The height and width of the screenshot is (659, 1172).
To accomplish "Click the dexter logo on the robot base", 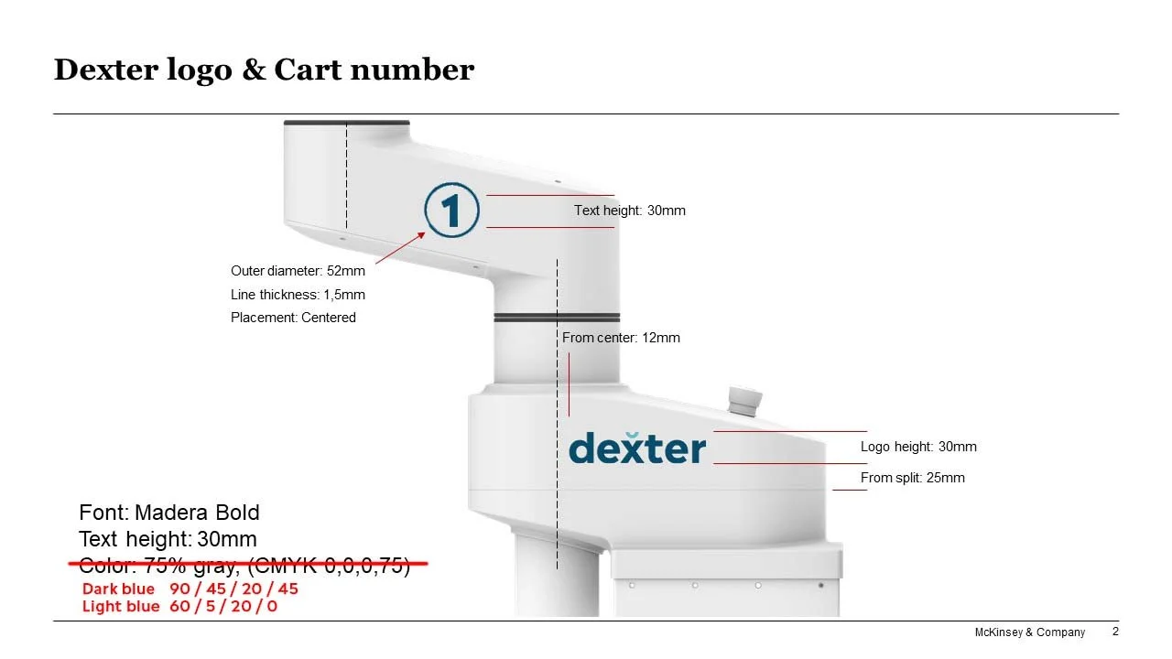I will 637,448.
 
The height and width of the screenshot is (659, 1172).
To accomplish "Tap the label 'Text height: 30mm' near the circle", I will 629,211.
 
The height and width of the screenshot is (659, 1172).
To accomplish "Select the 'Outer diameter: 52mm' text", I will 298,271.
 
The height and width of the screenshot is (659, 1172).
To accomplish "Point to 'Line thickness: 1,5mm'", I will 298,295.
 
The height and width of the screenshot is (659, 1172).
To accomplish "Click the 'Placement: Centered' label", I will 293,318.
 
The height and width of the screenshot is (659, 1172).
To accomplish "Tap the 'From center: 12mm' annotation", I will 621,338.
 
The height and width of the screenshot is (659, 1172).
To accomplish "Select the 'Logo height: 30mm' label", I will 918,447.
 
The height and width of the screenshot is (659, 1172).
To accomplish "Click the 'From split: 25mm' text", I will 912,478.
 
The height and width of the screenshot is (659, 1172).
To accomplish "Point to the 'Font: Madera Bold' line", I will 169,513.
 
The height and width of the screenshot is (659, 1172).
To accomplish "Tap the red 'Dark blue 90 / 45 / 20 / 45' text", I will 190,589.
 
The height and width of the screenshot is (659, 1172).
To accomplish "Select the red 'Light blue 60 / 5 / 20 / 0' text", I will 179,606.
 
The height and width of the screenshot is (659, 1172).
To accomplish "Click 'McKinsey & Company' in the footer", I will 1029,632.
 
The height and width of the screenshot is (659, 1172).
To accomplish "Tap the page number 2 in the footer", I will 1115,632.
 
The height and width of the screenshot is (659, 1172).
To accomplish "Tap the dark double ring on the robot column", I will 557,317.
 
